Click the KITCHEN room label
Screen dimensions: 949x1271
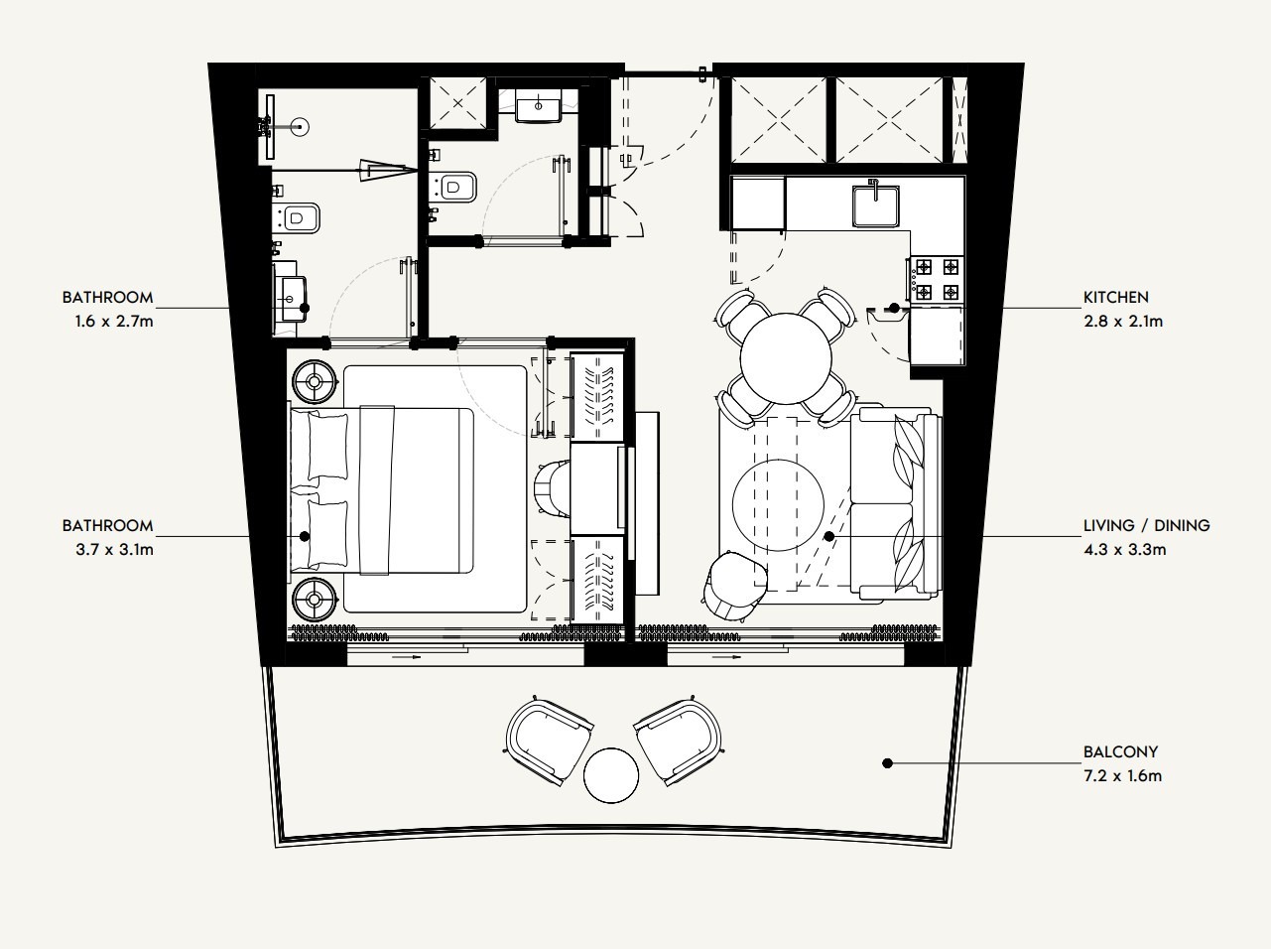[1115, 297]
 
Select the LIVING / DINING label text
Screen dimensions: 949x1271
[1146, 526]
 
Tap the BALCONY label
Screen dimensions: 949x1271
[1120, 752]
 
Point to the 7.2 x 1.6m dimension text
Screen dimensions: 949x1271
[1121, 775]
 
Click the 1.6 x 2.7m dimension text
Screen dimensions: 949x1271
[107, 321]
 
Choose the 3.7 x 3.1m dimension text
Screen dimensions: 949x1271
[107, 549]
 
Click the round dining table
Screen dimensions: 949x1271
[786, 358]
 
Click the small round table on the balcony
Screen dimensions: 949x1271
[610, 775]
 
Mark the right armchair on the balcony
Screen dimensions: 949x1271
[679, 740]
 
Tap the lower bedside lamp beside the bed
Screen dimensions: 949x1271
[316, 599]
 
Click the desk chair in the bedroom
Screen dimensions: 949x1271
[552, 488]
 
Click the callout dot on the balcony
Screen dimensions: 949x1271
[887, 763]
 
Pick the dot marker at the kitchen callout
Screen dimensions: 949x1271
[894, 308]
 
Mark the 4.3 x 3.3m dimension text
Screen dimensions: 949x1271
[1123, 549]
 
